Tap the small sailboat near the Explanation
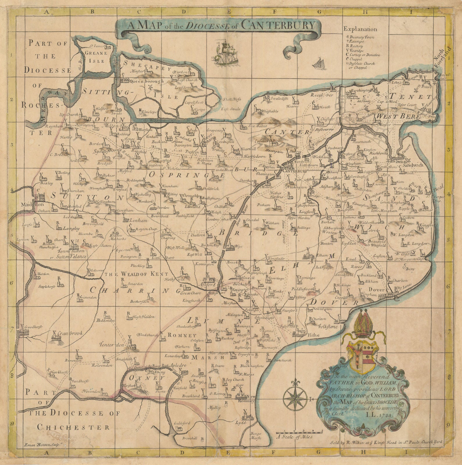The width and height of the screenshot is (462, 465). (319, 63)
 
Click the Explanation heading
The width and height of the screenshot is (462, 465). (360, 29)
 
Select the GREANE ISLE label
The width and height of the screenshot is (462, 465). (96, 57)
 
